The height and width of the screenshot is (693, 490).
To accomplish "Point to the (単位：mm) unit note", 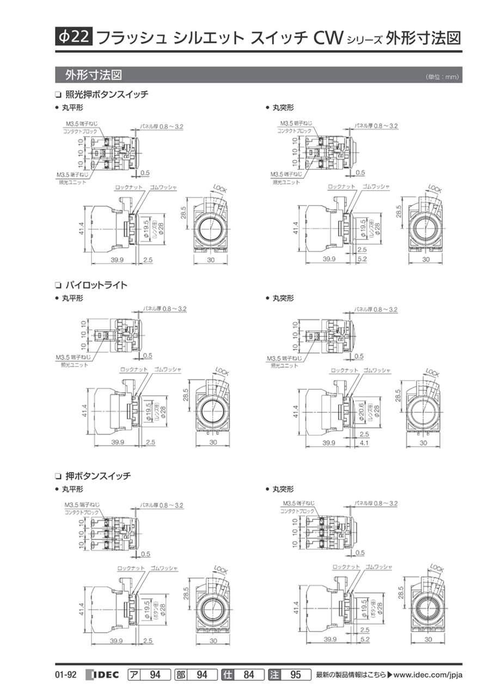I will coord(443,77).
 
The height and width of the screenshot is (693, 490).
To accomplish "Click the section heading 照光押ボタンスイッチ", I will coord(106,94).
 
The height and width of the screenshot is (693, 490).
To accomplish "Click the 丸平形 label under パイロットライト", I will coord(72,298).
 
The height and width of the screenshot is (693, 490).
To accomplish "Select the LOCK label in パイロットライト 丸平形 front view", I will coord(222,372).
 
